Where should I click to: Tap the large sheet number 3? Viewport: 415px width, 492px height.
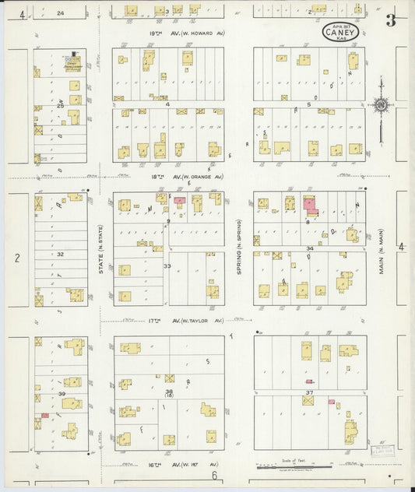(x=390, y=21)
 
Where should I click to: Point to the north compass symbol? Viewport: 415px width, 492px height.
(x=381, y=104)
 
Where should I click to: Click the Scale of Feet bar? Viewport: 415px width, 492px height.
(x=296, y=467)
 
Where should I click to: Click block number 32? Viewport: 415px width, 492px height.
(x=60, y=254)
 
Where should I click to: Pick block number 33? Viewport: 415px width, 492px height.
(x=167, y=266)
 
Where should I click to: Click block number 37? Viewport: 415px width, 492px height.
(x=309, y=392)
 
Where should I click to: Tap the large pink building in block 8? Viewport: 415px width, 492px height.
(x=311, y=206)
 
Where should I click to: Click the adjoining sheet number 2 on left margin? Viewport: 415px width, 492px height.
(x=16, y=257)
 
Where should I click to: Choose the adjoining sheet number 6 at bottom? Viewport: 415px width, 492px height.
(x=211, y=476)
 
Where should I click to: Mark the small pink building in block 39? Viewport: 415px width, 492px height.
(x=45, y=415)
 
